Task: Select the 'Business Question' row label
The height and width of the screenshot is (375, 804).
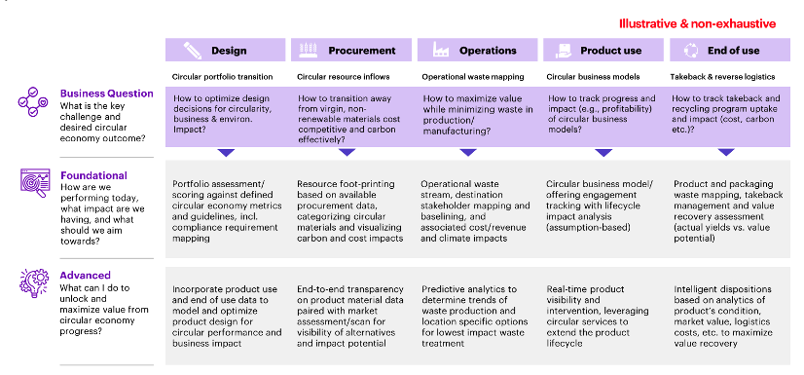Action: pyautogui.click(x=107, y=94)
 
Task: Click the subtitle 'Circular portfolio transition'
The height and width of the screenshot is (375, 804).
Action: pyautogui.click(x=221, y=75)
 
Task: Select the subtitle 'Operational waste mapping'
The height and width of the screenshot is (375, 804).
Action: pyautogui.click(x=473, y=75)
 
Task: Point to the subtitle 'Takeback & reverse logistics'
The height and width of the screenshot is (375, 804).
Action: pyautogui.click(x=726, y=75)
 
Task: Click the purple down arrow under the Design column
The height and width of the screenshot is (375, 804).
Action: pyautogui.click(x=226, y=152)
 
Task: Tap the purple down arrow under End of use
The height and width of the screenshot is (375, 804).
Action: pyautogui.click(x=726, y=152)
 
